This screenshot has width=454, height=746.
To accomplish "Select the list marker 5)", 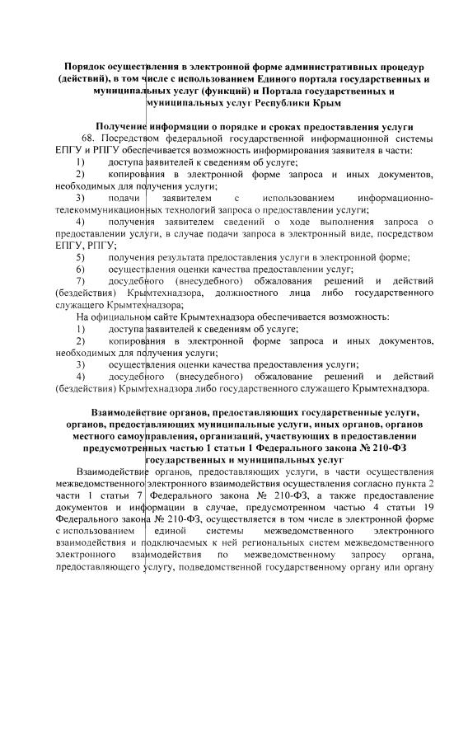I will click(80, 258).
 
